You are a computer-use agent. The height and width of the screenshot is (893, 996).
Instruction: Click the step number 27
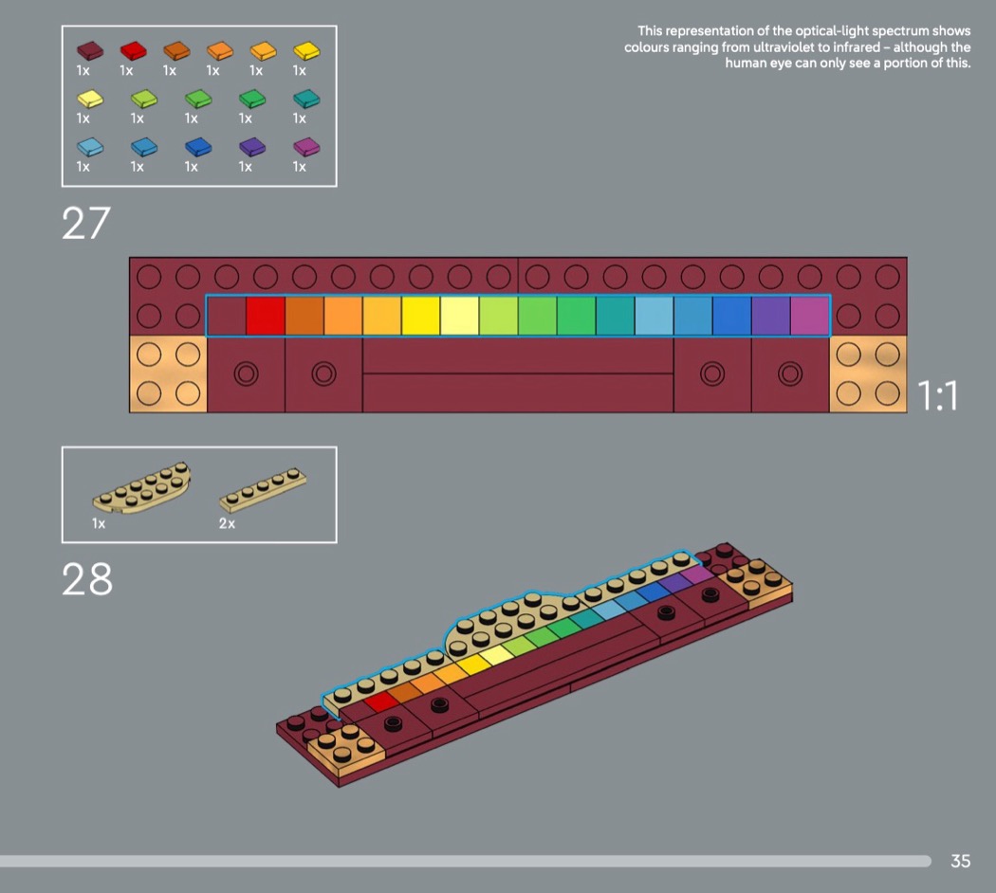click(85, 224)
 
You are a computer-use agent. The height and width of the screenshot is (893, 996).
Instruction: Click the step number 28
click(87, 579)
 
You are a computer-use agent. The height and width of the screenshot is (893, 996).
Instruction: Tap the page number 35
click(960, 861)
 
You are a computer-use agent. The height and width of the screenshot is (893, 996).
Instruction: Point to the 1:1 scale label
click(937, 395)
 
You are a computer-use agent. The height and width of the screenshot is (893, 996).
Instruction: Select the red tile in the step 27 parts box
click(134, 51)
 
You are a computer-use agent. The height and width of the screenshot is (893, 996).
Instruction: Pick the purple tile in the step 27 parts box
click(252, 147)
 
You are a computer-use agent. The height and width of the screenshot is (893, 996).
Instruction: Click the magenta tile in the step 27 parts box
click(306, 147)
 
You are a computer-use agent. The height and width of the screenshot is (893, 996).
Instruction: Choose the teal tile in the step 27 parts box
click(306, 99)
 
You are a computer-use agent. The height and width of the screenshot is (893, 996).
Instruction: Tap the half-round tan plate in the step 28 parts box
click(142, 488)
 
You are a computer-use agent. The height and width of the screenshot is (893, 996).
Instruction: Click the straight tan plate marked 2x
click(263, 489)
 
